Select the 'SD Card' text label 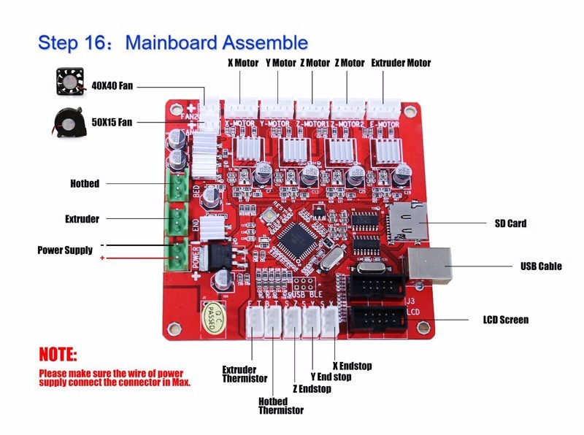point(510,223)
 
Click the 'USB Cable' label point(541,266)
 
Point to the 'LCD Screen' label point(506,320)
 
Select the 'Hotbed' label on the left point(85,182)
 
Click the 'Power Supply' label point(65,250)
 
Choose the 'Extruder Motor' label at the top point(401,63)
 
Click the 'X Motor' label point(243,63)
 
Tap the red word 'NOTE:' point(58,355)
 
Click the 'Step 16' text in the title point(75,42)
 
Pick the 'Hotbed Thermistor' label point(280,405)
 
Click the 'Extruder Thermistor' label point(245,374)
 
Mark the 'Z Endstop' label point(312,389)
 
